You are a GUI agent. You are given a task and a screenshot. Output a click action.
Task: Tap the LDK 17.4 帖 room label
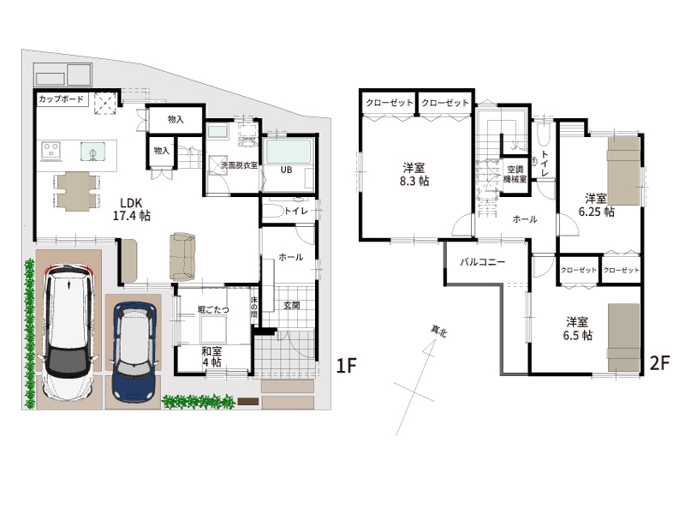pyautogui.click(x=132, y=209)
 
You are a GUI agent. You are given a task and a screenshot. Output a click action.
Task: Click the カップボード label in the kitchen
pyautogui.click(x=61, y=99)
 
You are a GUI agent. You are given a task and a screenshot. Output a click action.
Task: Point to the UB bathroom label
pyautogui.click(x=286, y=170)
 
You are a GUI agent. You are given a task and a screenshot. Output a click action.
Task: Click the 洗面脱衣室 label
pyautogui.click(x=239, y=165)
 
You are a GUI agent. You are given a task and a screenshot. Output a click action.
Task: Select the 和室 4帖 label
pyautogui.click(x=211, y=356)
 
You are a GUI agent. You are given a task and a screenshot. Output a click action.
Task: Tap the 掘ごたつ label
pyautogui.click(x=213, y=309)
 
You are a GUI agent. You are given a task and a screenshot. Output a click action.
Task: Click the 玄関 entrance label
pyautogui.click(x=291, y=306)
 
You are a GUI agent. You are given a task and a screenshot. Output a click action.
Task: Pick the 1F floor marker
pyautogui.click(x=347, y=365)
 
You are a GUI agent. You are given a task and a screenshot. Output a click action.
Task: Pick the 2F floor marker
pyautogui.click(x=659, y=362)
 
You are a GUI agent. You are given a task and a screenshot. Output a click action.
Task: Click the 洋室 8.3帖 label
pyautogui.click(x=414, y=175)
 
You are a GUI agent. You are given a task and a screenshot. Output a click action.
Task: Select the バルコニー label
pyautogui.click(x=482, y=262)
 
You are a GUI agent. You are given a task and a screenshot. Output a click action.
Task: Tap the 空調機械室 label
pyautogui.click(x=515, y=174)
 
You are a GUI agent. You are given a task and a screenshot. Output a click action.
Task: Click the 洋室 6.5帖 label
pyautogui.click(x=577, y=329)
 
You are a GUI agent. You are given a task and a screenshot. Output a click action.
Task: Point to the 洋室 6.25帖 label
pyautogui.click(x=596, y=205)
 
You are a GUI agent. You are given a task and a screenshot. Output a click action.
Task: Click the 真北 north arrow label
pyautogui.click(x=438, y=332)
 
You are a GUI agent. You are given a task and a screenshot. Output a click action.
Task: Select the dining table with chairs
pyautogui.click(x=77, y=191)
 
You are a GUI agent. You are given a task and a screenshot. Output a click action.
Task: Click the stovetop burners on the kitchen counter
pyautogui.click(x=51, y=151)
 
